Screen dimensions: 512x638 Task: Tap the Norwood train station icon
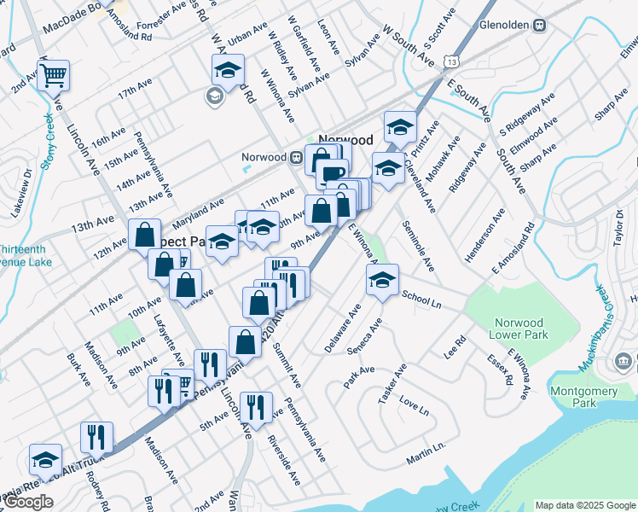tap(294, 157)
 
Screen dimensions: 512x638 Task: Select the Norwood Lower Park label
tap(518, 329)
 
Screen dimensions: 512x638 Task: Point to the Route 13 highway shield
tap(450, 63)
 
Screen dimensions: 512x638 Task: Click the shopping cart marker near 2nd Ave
tap(53, 75)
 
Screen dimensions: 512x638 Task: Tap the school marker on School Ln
tap(383, 278)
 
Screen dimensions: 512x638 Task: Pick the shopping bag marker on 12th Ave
tap(145, 233)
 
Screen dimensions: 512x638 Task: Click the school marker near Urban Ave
tap(228, 69)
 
